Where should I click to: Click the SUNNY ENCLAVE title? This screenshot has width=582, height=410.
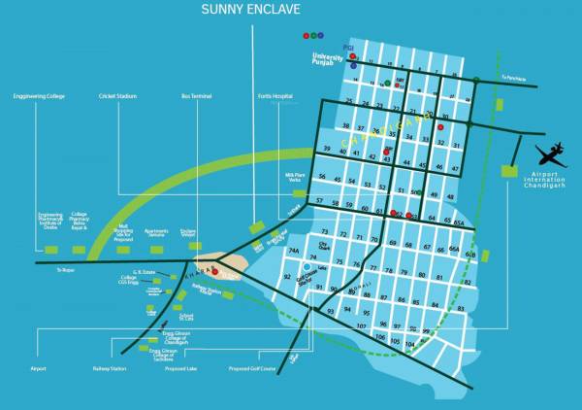250,10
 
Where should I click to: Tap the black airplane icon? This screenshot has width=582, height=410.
550,154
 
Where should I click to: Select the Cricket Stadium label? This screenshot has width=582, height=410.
119,96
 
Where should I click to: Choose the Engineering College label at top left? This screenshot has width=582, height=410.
38,96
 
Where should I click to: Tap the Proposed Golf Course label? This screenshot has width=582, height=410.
252,369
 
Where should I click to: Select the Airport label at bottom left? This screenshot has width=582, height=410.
38,369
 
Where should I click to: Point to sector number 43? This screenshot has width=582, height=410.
386,159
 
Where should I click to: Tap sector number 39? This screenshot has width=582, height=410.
328,149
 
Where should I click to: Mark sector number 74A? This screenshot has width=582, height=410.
293,251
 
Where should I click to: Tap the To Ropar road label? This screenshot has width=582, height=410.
65,270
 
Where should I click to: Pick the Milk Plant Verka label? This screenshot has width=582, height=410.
296,177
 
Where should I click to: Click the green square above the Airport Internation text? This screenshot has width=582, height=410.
508,171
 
